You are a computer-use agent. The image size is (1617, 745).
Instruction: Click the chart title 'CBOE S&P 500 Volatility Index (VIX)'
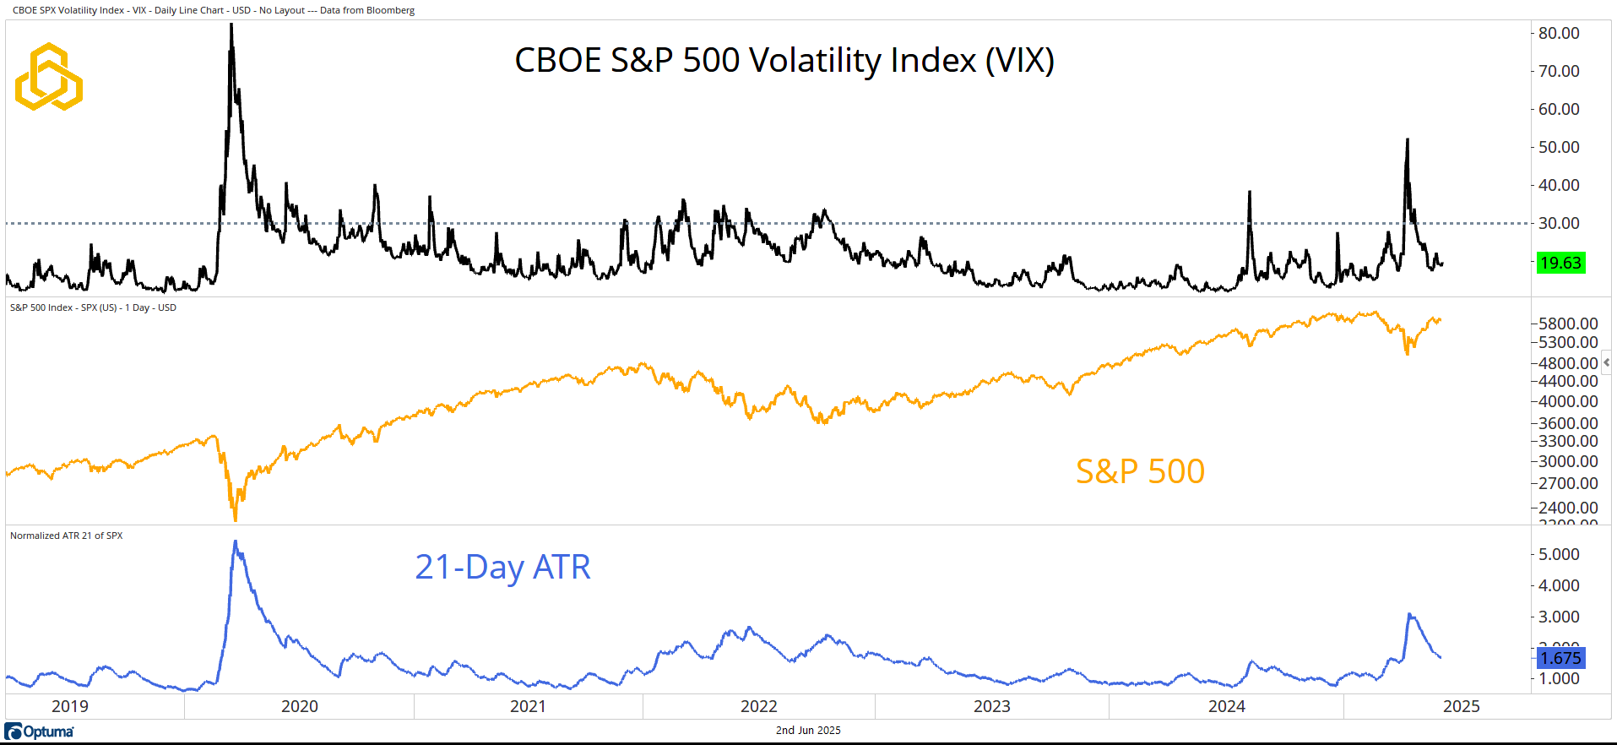point(784,61)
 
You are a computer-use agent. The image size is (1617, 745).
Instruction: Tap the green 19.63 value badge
point(1560,263)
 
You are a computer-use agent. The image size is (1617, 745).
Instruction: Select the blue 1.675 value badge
point(1560,658)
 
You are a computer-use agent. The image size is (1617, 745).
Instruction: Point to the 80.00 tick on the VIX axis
point(1559,33)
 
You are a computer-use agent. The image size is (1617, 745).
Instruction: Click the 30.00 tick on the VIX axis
point(1559,223)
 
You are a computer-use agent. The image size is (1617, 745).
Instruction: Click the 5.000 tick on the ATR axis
point(1559,554)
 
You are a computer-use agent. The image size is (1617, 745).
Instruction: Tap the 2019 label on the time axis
point(70,706)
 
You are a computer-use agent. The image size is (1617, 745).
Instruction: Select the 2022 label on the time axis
point(759,706)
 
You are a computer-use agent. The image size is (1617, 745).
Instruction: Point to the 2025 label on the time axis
point(1461,706)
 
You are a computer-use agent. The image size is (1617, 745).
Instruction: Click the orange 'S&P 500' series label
point(1140,471)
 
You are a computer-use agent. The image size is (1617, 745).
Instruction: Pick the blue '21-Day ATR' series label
point(502,567)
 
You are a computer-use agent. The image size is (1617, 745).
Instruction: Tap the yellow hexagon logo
point(49,77)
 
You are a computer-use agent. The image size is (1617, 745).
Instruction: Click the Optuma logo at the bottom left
point(40,731)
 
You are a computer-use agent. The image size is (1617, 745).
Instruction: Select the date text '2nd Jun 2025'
point(808,731)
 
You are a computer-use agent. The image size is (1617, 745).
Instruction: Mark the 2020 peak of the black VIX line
point(231,26)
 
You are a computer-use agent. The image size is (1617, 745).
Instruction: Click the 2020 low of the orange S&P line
point(235,519)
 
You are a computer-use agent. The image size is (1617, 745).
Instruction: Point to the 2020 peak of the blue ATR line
point(236,542)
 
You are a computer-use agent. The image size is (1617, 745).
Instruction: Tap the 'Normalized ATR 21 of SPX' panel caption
point(67,536)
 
